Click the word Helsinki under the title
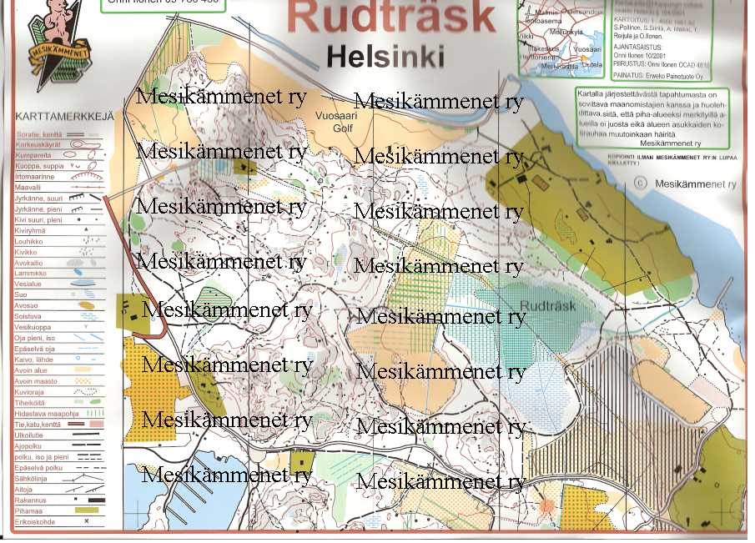pos(385,57)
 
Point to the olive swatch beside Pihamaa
pos(87,510)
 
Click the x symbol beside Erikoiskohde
pos(86,520)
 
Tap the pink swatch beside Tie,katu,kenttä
pos(93,424)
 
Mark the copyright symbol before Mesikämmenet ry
pos(640,183)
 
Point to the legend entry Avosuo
pos(27,305)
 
